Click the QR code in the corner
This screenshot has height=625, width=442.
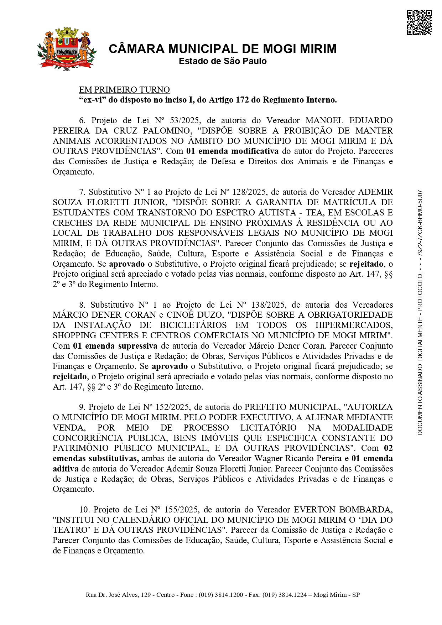[x=419, y=23]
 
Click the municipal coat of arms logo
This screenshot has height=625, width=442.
[x=66, y=48]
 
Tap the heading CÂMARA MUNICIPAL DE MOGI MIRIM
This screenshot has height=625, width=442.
[x=223, y=49]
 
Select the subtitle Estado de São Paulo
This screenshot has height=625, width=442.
[x=223, y=61]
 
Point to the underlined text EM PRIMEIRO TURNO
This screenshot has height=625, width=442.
[x=124, y=90]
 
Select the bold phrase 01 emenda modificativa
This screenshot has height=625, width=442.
[x=232, y=151]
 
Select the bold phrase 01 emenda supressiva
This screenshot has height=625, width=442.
[x=115, y=346]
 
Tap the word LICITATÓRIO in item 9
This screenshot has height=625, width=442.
[x=268, y=428]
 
